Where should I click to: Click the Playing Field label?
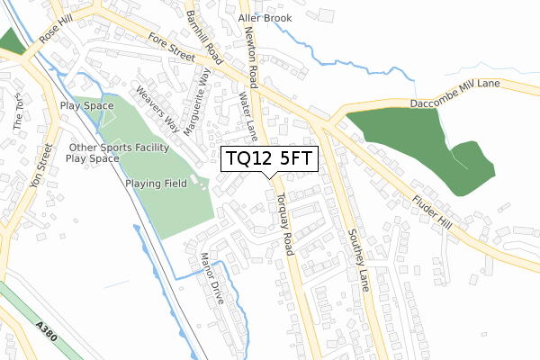pos(156,183)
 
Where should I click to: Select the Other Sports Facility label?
pos(119,147)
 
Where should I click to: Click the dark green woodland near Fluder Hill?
pos(405,144)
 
